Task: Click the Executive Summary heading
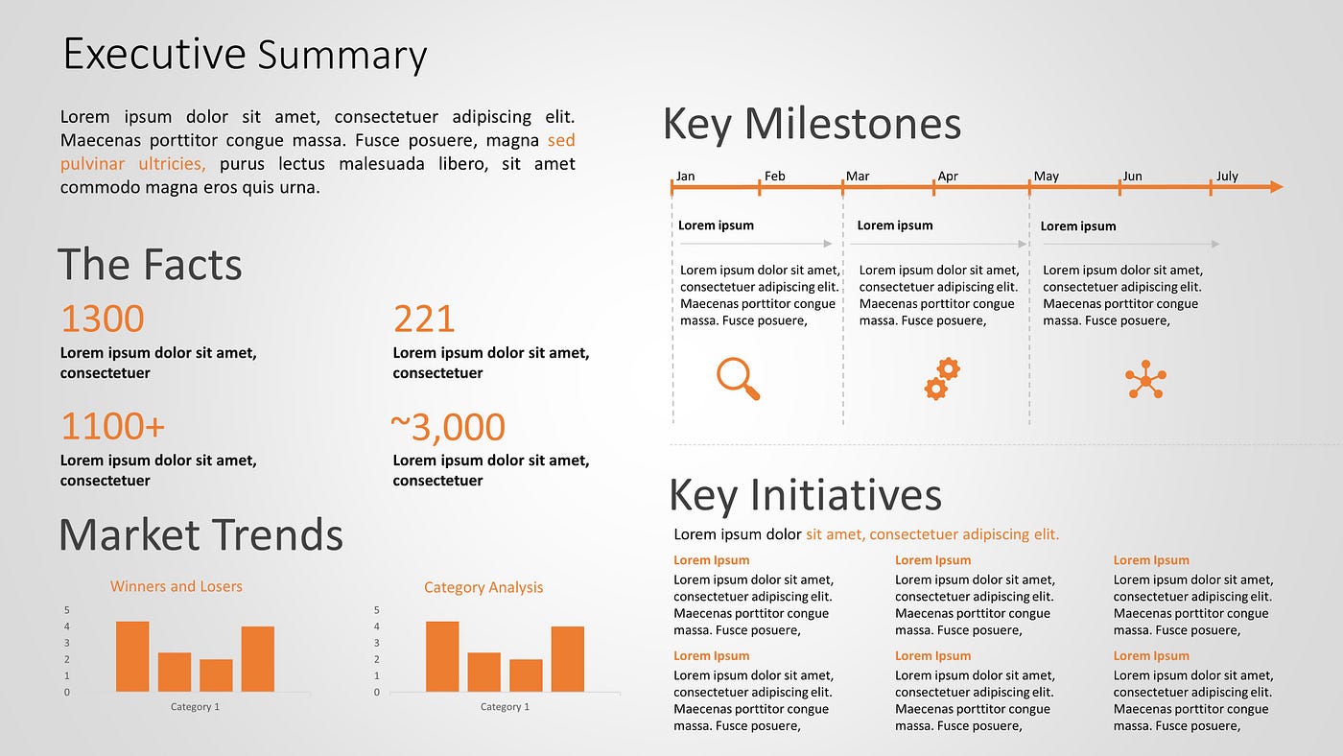(x=245, y=55)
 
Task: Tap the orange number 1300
(x=103, y=319)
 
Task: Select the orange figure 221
(x=424, y=319)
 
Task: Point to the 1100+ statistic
(x=113, y=426)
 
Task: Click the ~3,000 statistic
(x=448, y=427)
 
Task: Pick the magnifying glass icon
(x=738, y=378)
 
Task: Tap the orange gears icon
(x=941, y=379)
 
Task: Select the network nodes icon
(x=1145, y=380)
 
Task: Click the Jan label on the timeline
(x=685, y=177)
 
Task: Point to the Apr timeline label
(x=948, y=177)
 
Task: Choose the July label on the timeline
(x=1227, y=177)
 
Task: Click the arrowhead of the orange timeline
(x=1276, y=187)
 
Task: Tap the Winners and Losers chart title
(x=177, y=586)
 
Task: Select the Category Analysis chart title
(x=483, y=587)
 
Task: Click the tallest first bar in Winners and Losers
(x=132, y=657)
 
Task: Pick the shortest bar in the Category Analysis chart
(x=526, y=675)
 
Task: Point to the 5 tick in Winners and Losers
(x=67, y=610)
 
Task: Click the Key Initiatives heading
(x=805, y=495)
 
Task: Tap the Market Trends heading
(x=200, y=535)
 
